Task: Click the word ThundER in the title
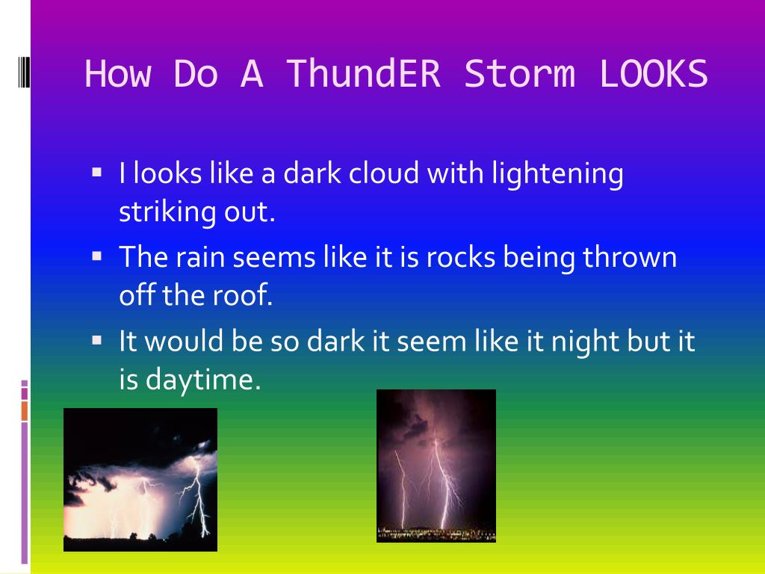click(364, 74)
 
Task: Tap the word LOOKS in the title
click(653, 74)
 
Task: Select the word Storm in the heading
click(520, 74)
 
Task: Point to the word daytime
click(203, 380)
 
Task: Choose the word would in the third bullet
click(184, 341)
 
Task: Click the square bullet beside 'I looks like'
click(96, 172)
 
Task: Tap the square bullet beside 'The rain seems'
click(96, 256)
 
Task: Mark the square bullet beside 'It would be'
click(96, 340)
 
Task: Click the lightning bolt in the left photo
click(197, 496)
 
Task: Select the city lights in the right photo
click(436, 534)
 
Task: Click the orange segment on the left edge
click(25, 410)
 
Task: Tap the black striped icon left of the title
click(24, 72)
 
